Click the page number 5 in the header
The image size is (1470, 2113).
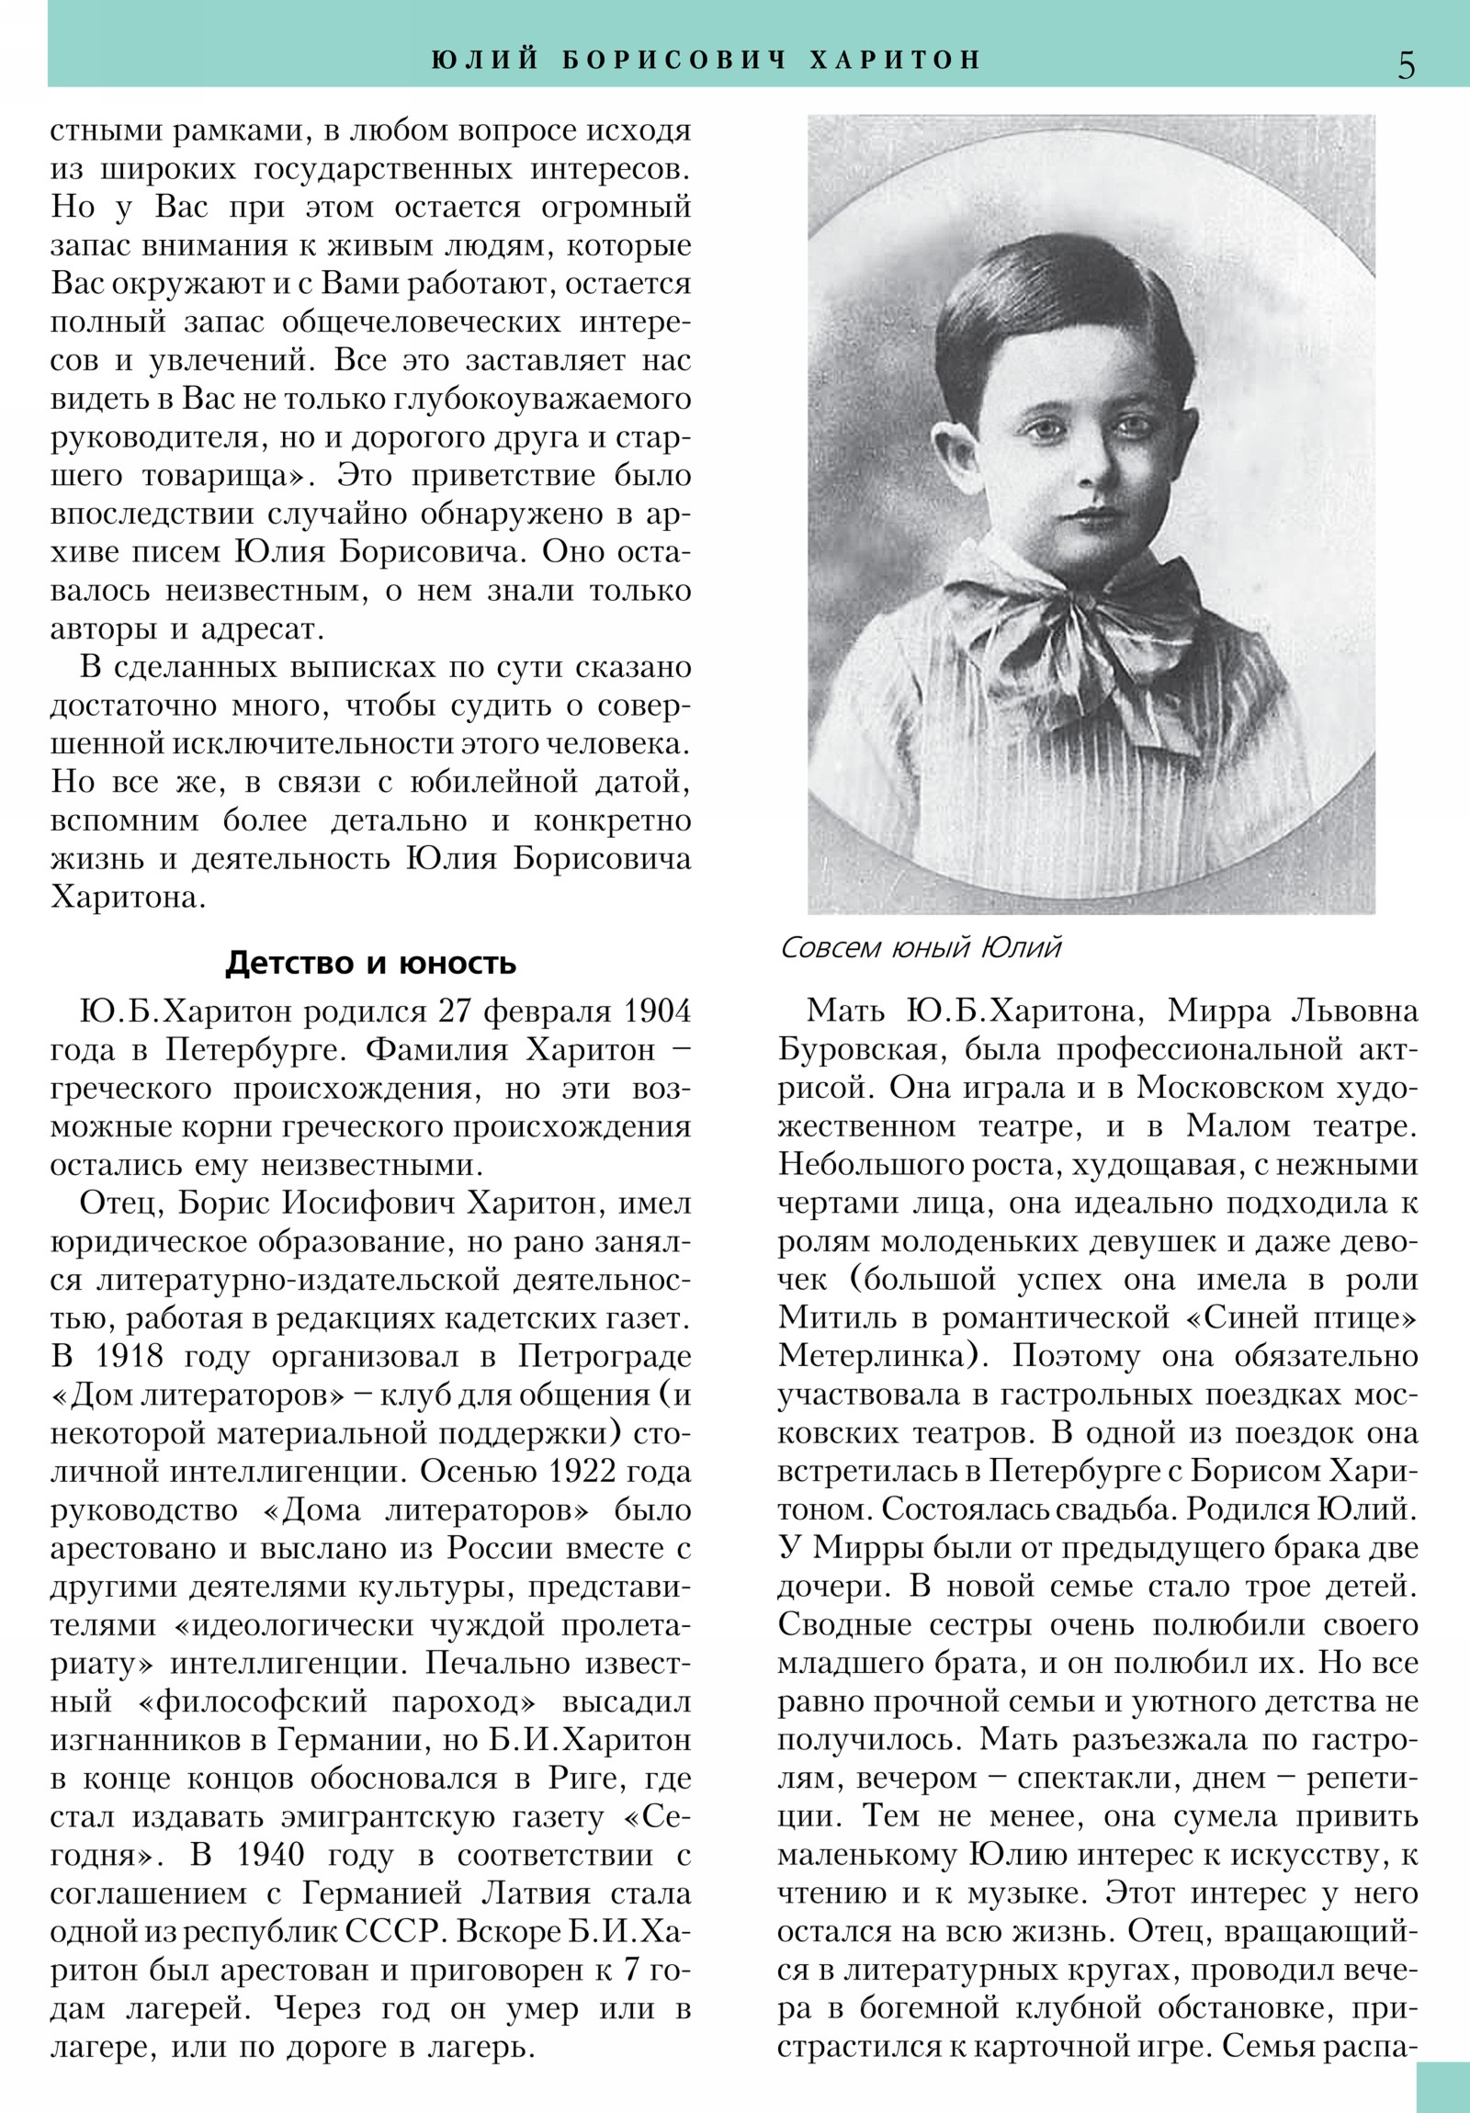pyautogui.click(x=1406, y=65)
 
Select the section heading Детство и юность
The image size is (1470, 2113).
pyautogui.click(x=371, y=963)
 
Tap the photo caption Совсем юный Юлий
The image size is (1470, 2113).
pyautogui.click(x=921, y=947)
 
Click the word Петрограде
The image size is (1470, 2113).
pyautogui.click(x=605, y=1357)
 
